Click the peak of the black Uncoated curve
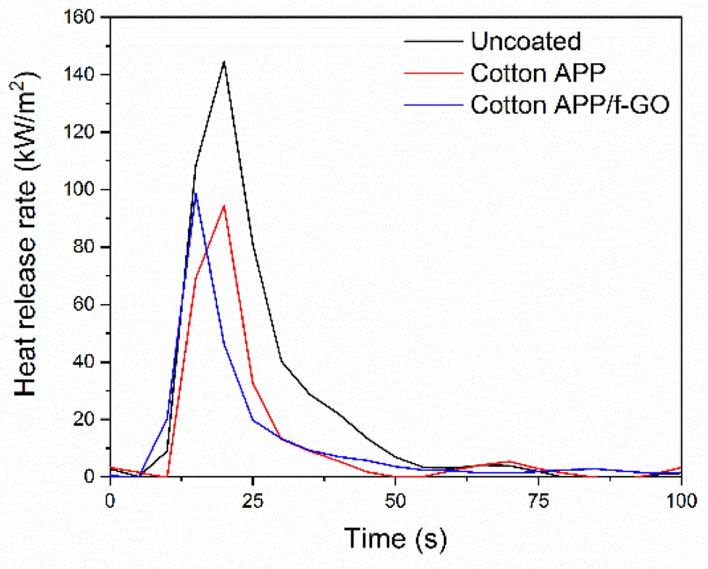(x=224, y=62)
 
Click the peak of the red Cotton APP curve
(x=224, y=205)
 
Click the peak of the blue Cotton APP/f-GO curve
(x=195, y=193)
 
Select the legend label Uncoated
(x=526, y=41)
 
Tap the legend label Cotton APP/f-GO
(x=568, y=104)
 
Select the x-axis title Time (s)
(x=395, y=537)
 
